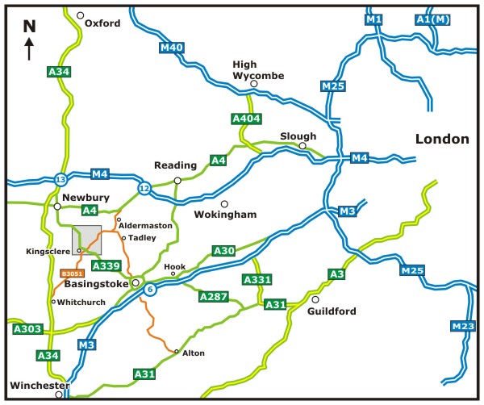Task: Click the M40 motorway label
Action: pyautogui.click(x=173, y=48)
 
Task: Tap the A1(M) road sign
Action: pyautogui.click(x=454, y=19)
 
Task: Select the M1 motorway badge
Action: pyautogui.click(x=373, y=19)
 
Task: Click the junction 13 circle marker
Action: pyautogui.click(x=60, y=178)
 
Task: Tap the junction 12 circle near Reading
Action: pyautogui.click(x=144, y=188)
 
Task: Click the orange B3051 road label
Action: pyautogui.click(x=72, y=275)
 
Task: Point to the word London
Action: pyautogui.click(x=442, y=139)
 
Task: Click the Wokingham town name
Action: pyautogui.click(x=226, y=215)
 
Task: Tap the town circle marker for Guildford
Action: pyautogui.click(x=315, y=299)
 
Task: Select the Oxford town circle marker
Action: pyautogui.click(x=80, y=15)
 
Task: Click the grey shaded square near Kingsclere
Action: pyautogui.click(x=87, y=240)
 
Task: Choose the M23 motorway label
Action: pyautogui.click(x=462, y=326)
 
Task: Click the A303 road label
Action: pyautogui.click(x=27, y=329)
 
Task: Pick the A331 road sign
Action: pyautogui.click(x=256, y=279)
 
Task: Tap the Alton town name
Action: pyautogui.click(x=194, y=353)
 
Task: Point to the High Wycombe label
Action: pyautogui.click(x=254, y=69)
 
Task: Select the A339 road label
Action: pyautogui.click(x=106, y=266)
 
